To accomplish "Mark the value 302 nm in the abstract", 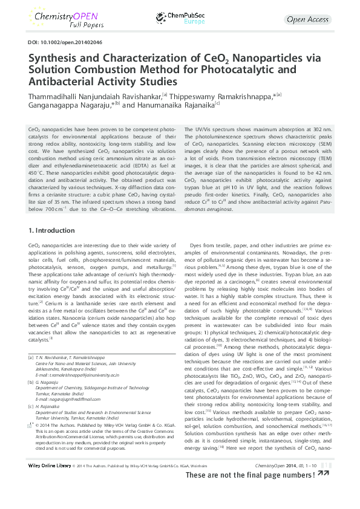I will pyautogui.click(x=319, y=129).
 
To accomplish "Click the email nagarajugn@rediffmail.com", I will pyautogui.click(x=78, y=401).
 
